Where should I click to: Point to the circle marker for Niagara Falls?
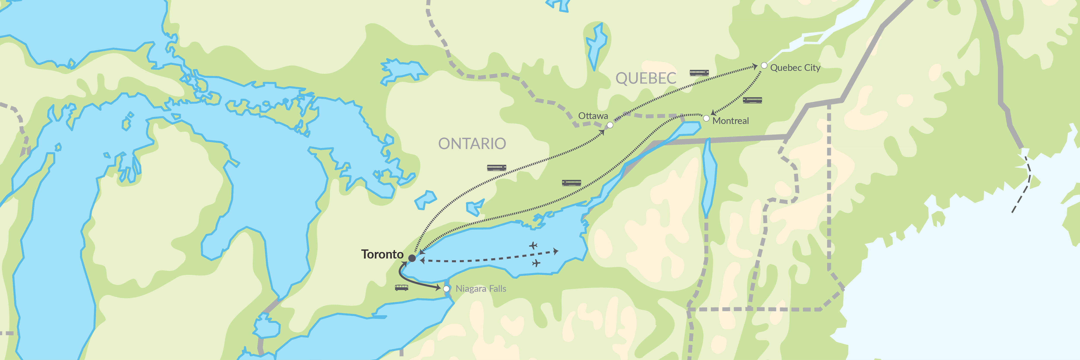click(446, 289)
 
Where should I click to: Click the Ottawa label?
click(593, 116)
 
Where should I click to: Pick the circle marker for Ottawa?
click(610, 125)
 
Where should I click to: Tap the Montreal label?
click(730, 121)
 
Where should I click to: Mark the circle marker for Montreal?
click(706, 119)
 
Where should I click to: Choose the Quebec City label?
click(795, 67)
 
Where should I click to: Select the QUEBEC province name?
click(646, 78)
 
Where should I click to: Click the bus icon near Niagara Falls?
click(401, 287)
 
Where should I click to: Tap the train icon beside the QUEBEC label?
click(699, 73)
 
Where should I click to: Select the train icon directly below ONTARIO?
click(496, 168)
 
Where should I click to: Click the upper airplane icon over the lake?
click(533, 245)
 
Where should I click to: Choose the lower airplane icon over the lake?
click(536, 263)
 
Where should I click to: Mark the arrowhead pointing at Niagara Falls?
click(438, 288)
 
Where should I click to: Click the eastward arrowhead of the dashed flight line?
click(556, 251)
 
